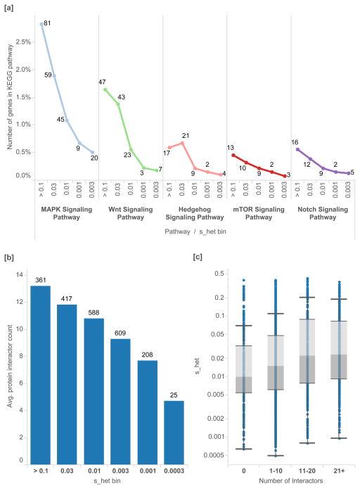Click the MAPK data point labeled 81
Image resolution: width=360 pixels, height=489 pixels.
[41, 24]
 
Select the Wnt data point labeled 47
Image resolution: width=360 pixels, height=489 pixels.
[105, 89]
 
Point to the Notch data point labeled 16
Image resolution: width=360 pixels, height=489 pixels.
[297, 149]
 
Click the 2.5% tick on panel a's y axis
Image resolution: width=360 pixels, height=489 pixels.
[22, 42]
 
